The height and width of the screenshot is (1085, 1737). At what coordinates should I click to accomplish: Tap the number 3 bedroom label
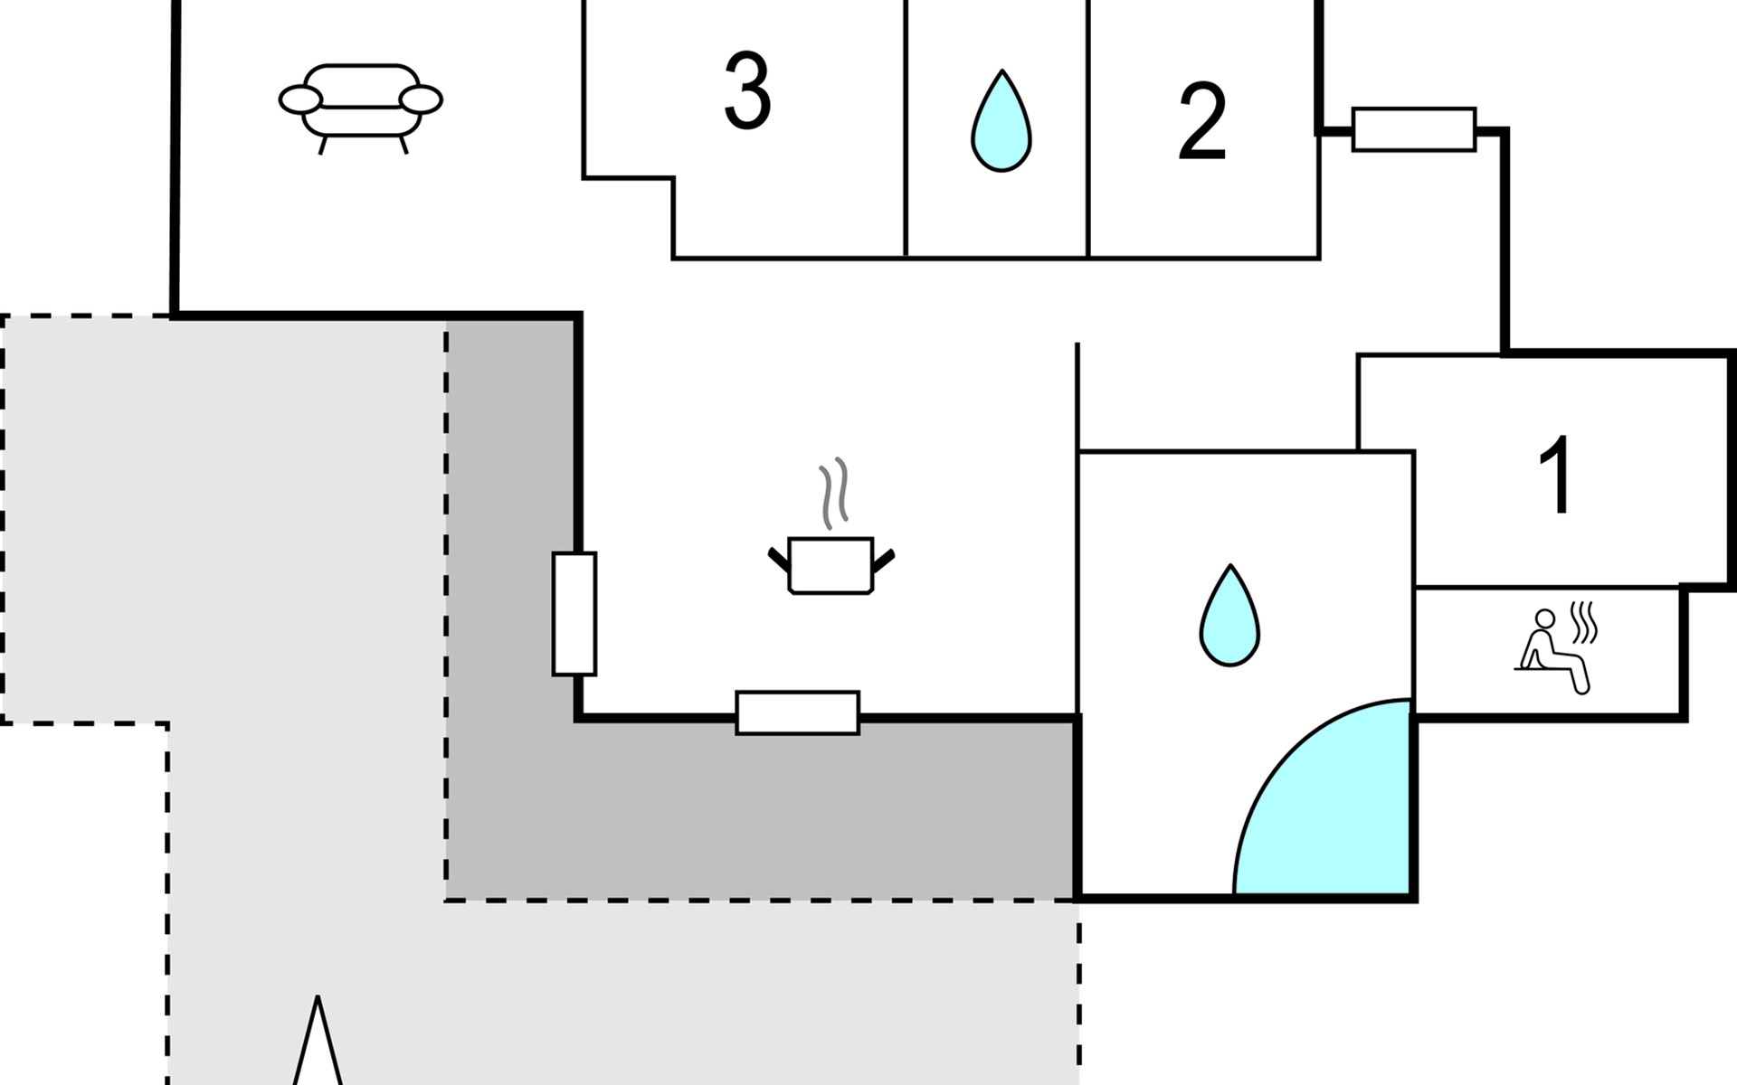pyautogui.click(x=747, y=90)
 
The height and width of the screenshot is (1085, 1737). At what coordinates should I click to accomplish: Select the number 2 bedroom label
pyautogui.click(x=1201, y=122)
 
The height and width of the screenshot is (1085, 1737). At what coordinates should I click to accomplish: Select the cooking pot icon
pyautogui.click(x=831, y=565)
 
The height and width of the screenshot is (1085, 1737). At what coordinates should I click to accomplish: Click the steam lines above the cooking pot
pyautogui.click(x=834, y=493)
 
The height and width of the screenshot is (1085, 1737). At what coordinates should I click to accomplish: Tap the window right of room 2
pyautogui.click(x=1414, y=129)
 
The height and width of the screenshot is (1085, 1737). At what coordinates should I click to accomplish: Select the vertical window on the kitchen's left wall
pyautogui.click(x=574, y=614)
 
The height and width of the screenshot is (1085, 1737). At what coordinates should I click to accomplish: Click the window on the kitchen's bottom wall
pyautogui.click(x=797, y=712)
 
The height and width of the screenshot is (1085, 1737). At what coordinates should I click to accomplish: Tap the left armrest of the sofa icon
pyautogui.click(x=300, y=99)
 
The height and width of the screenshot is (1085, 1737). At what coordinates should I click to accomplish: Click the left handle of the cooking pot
pyautogui.click(x=778, y=559)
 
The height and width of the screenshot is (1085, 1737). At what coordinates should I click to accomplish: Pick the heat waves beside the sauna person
pyautogui.click(x=1584, y=622)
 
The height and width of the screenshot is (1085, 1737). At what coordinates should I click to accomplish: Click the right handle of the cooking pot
pyautogui.click(x=883, y=561)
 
